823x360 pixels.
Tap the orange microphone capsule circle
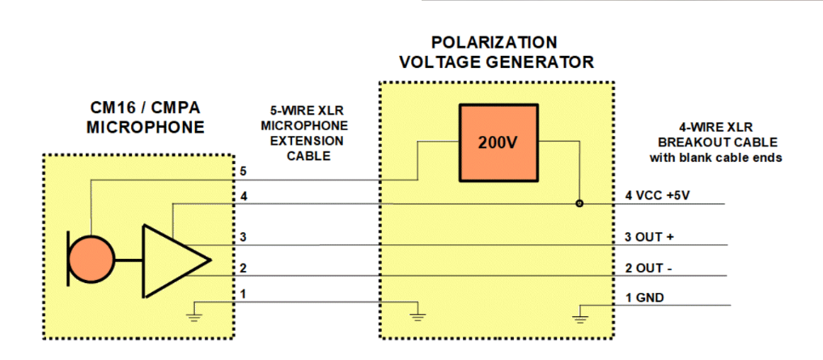91,260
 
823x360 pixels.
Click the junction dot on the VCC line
579,203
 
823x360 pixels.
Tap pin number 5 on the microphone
244,172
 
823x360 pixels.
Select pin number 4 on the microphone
244,197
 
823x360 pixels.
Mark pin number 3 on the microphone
244,237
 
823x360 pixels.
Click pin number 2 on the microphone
244,268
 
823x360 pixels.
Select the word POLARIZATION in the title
494,42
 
